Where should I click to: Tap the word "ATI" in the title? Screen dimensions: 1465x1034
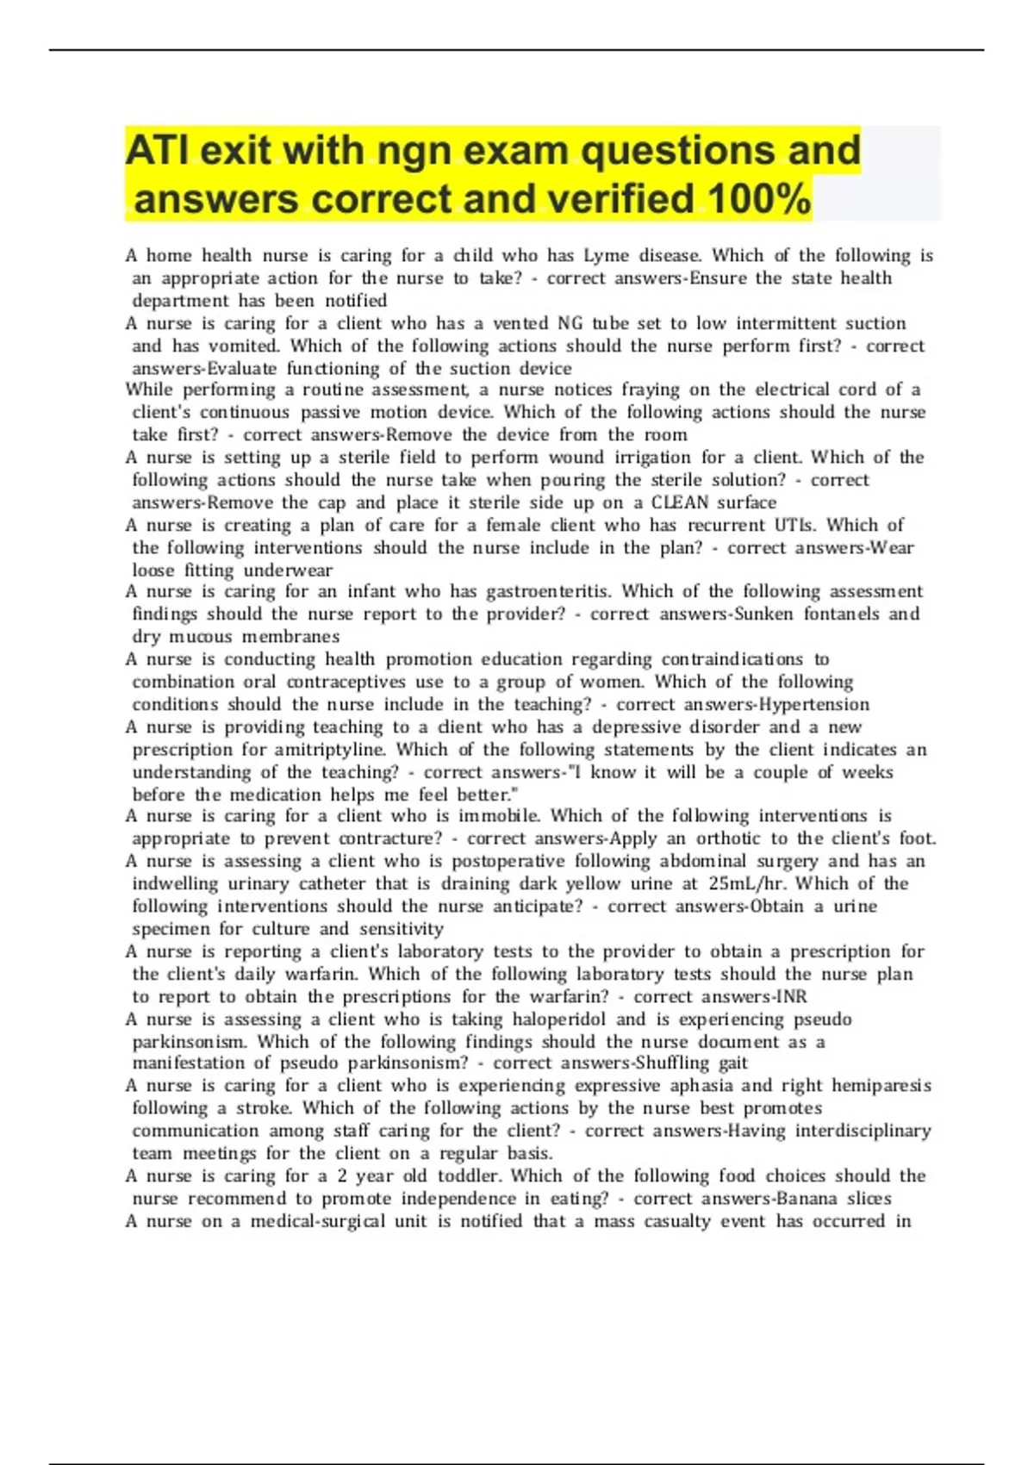click(157, 151)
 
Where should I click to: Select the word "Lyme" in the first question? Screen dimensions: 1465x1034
click(606, 256)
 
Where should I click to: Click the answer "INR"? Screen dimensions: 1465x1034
click(791, 997)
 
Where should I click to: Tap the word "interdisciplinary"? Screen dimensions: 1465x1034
click(863, 1131)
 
